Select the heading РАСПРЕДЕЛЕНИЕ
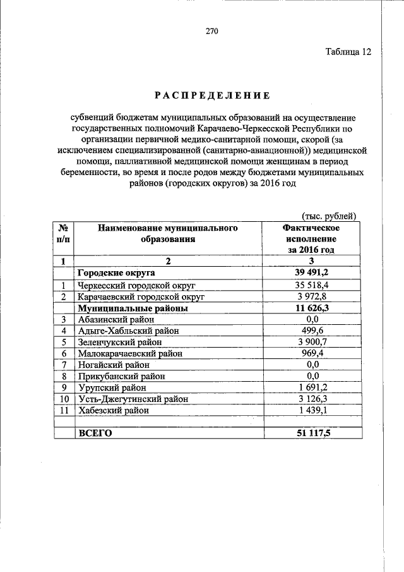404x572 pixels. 211,95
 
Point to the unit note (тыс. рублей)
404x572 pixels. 330,216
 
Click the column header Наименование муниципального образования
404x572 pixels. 167,233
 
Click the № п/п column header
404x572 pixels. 64,233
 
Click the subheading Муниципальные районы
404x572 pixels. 133,309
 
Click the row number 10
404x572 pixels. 64,399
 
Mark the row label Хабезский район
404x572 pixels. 114,410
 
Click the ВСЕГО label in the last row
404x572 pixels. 94,434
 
